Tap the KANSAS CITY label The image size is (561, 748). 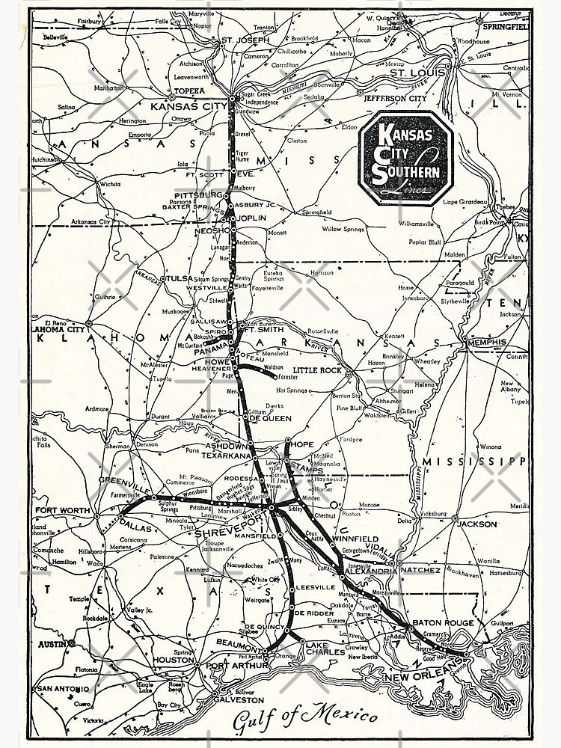pos(188,106)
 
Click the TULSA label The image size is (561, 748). pos(179,278)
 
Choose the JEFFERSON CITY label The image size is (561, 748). pos(394,98)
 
